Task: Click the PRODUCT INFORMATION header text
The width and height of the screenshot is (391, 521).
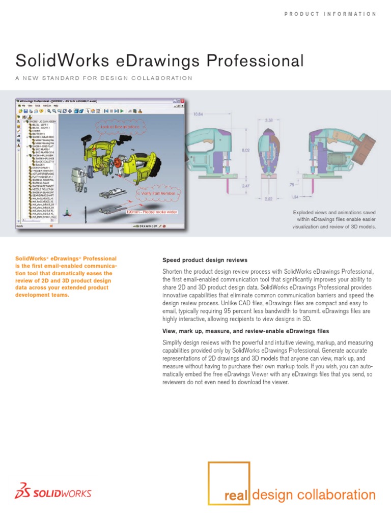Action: click(x=330, y=14)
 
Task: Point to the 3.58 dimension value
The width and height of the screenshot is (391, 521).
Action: click(x=269, y=121)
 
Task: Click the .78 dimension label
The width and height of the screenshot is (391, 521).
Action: click(x=306, y=185)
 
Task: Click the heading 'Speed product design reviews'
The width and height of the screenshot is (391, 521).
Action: click(x=205, y=260)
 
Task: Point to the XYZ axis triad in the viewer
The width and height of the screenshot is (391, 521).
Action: click(x=69, y=214)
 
